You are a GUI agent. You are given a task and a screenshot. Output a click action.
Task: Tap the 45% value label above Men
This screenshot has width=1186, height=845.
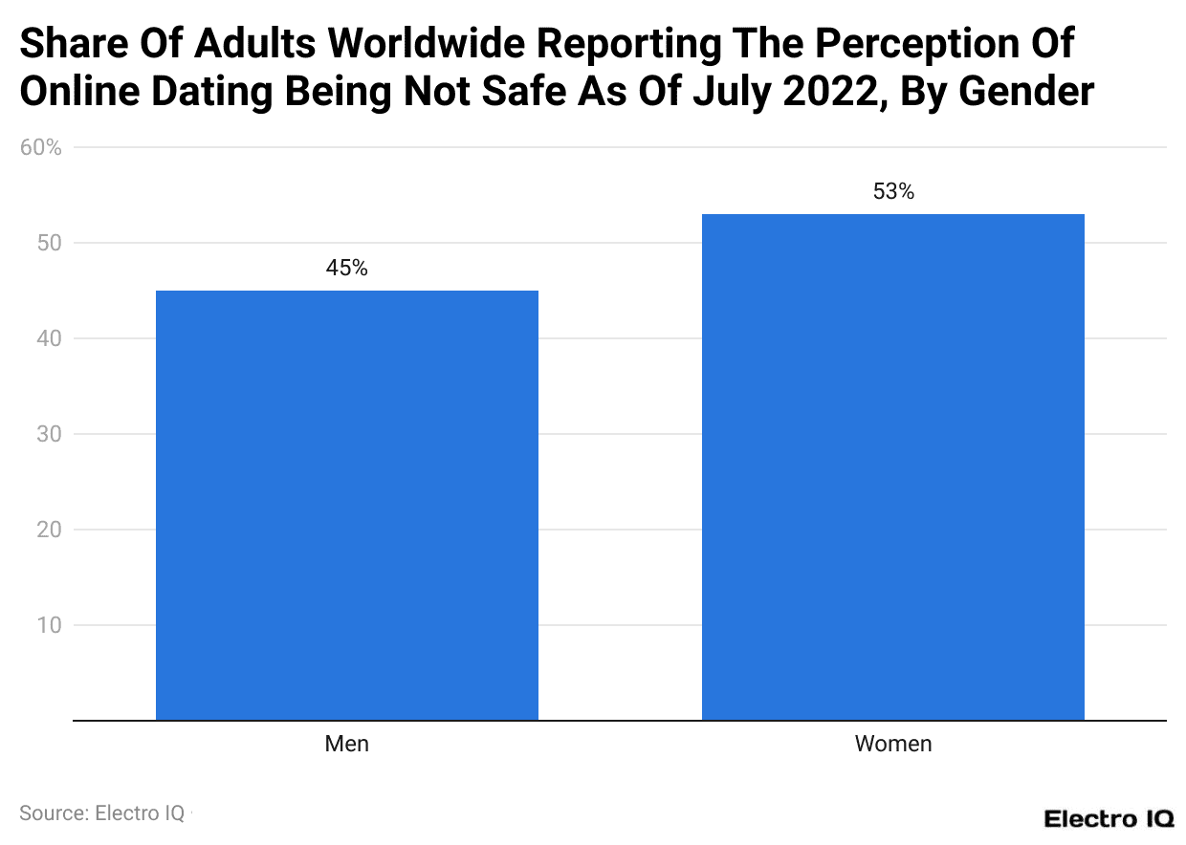(346, 269)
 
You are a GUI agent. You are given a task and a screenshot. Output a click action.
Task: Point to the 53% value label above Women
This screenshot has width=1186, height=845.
(893, 192)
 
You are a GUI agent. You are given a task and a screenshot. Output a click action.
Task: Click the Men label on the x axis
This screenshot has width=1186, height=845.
(346, 744)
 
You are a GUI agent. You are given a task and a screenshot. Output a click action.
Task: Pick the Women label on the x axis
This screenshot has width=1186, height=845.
(892, 744)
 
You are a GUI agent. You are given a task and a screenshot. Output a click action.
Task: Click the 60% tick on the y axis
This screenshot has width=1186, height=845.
(41, 148)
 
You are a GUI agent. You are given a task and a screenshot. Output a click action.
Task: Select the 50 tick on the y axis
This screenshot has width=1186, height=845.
(49, 243)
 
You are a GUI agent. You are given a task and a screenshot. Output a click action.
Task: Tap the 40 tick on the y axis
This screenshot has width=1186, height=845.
(49, 338)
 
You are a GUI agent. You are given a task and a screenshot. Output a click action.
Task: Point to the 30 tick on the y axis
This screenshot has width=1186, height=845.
(49, 434)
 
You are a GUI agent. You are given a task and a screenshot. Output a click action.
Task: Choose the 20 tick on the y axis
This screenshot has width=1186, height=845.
(49, 530)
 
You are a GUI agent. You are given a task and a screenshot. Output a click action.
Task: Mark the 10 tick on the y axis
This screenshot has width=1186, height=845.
(49, 625)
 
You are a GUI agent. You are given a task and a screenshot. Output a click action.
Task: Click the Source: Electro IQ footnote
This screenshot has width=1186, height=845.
(102, 813)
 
